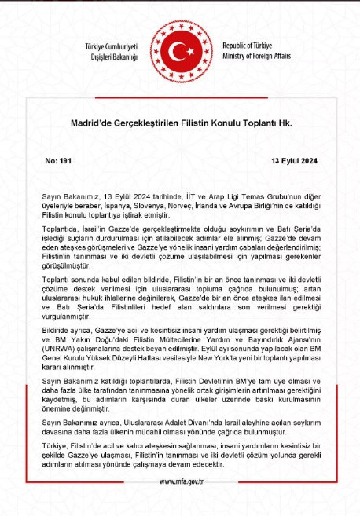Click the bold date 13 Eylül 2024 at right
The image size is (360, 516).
[x=294, y=159]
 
